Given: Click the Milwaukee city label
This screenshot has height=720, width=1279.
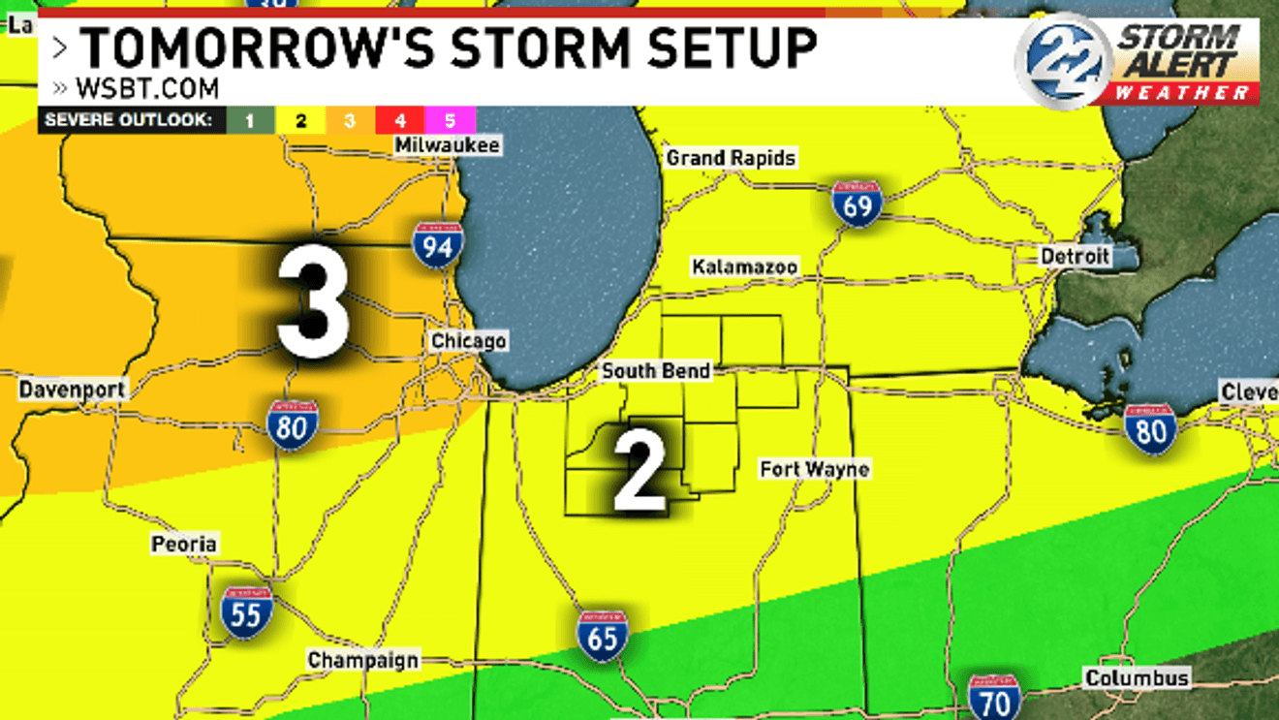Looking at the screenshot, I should coord(448,145).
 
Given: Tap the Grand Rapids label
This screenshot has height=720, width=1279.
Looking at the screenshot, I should coord(732,158).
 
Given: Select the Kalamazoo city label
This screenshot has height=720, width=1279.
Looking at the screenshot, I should coord(744,266).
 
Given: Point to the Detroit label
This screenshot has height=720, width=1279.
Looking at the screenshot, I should coord(1075,257).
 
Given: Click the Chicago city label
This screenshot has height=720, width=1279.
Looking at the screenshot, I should coord(468,341).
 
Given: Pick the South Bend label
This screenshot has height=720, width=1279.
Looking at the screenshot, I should coord(656,371).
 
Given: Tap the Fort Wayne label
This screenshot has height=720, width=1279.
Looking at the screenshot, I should coord(814,470).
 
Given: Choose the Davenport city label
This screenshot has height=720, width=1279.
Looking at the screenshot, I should coord(72,391).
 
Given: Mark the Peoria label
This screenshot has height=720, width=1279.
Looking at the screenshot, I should coord(184,545).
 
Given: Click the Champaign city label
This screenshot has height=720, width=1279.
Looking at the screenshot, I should coord(363,661).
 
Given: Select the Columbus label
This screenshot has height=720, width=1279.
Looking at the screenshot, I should coord(1137,678).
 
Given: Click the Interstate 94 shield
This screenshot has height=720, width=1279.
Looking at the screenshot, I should coord(436,245).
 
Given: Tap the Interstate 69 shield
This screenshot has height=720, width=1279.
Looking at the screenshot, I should coord(857,203).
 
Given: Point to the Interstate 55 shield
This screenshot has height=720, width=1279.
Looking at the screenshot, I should coord(246,612).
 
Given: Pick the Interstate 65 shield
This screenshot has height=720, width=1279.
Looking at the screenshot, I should coord(603,636).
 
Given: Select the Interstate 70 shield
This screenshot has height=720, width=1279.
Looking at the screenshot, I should coord(994,698).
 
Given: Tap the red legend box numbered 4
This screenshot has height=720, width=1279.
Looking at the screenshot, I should coord(400,120).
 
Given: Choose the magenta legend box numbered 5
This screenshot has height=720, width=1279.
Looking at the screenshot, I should coord(451,120).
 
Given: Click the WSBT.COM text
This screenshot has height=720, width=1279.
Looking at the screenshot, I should coord(146,88).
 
